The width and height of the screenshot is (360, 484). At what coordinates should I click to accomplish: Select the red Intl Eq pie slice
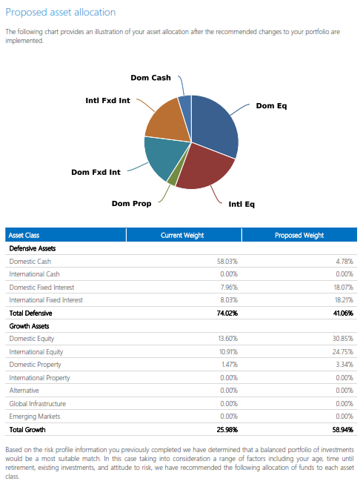(204, 168)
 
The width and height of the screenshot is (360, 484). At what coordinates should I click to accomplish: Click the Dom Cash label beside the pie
(150, 78)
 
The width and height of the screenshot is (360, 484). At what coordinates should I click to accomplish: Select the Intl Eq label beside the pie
(241, 205)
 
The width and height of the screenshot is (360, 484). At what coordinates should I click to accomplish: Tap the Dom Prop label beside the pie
(131, 204)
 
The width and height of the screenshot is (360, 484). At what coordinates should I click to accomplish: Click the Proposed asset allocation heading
(61, 13)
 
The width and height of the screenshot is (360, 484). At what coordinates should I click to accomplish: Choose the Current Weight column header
(182, 235)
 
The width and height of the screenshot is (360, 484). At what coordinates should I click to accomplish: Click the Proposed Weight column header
(299, 235)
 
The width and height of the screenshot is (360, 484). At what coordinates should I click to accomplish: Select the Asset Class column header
(24, 235)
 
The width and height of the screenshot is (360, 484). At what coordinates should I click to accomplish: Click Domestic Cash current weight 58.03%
(227, 262)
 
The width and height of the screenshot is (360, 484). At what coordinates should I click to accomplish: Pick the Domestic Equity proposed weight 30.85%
(343, 339)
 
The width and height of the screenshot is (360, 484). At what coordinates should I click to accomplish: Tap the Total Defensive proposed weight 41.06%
(343, 314)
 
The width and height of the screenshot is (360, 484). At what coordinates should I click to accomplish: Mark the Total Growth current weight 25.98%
(227, 430)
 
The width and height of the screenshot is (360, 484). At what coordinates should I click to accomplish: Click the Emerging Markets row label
(35, 417)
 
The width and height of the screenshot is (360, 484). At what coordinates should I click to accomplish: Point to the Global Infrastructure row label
(38, 404)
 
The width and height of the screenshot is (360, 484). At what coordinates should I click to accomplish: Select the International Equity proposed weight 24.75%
(343, 352)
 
